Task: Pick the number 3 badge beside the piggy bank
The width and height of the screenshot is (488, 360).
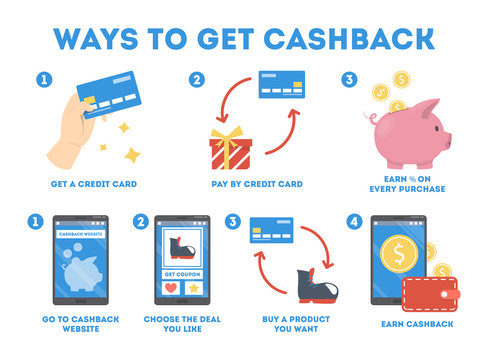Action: click(x=349, y=80)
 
